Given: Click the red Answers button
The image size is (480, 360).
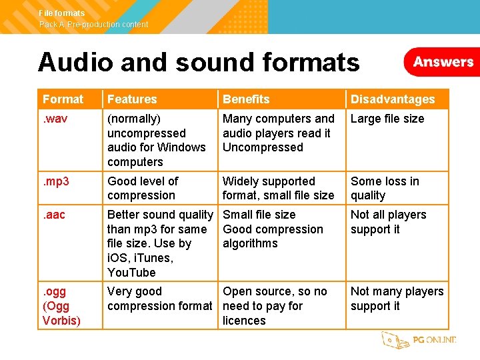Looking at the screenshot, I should pos(443,62).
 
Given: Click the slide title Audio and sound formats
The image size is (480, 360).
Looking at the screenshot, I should pos(199,63).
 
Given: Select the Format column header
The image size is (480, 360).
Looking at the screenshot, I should pos(63,99).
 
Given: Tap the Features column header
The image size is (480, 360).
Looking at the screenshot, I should pos(132,99).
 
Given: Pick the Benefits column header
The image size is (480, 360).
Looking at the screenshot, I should pos(246,99).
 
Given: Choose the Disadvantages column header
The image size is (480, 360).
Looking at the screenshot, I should pos(393,99).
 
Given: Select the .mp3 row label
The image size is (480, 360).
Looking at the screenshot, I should pos(57,181).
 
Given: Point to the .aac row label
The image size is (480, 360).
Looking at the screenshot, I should pos(55,215).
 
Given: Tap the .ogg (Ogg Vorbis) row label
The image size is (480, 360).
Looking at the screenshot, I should pos(61,306).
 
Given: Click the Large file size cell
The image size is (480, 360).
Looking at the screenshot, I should pos(387,119).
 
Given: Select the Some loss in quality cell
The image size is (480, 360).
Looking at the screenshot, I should pos(385,189).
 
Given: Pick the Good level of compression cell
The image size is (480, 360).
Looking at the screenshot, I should pos(143,189).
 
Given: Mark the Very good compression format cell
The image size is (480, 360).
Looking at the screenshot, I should pos(159,299).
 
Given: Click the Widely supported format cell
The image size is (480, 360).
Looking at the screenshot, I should pos(278,189).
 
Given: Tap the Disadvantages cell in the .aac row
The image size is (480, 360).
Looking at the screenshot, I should pos(388,222).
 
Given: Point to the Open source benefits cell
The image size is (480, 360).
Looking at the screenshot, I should pos(275,306).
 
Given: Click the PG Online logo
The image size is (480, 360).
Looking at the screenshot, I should pos(419,340).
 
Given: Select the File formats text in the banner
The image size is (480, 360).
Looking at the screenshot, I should pos(62,13).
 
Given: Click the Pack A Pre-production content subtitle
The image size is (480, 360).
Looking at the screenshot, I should pos(93,25).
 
